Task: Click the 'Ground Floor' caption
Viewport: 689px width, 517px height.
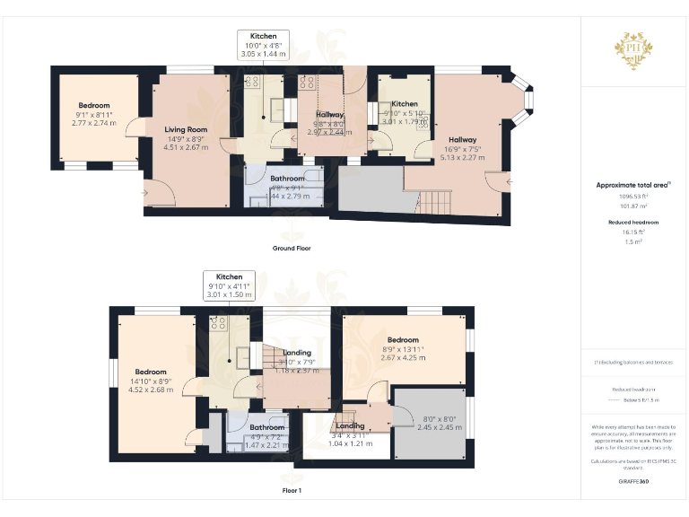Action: [292, 248]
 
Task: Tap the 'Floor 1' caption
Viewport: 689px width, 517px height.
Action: [292, 491]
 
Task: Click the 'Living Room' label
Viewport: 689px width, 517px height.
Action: [186, 130]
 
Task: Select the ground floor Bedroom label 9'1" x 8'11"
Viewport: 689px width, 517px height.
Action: [94, 114]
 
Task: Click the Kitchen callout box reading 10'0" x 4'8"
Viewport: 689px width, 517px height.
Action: [263, 45]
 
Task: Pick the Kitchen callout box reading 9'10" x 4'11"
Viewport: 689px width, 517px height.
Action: [229, 286]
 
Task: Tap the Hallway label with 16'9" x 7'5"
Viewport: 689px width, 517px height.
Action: [463, 148]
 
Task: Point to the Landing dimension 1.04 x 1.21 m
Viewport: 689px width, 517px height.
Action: [349, 443]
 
